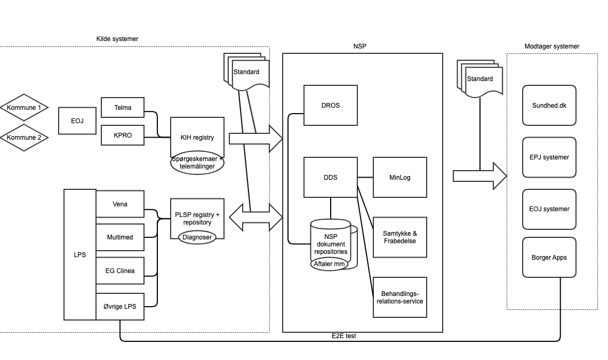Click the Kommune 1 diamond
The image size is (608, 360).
(24, 108)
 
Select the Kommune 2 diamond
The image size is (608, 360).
(24, 138)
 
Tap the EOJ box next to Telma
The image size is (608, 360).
(77, 121)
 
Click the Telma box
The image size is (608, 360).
(123, 108)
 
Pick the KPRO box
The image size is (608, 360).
(123, 135)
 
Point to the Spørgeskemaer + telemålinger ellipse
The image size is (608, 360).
(197, 163)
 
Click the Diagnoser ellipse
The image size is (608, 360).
(197, 237)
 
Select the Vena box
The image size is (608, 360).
(120, 204)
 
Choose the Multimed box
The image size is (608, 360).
(120, 237)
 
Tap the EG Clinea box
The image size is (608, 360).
(120, 271)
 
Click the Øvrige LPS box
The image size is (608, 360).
(120, 306)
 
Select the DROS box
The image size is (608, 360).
(330, 105)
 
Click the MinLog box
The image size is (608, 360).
(400, 177)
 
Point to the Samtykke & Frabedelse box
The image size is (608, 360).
(400, 237)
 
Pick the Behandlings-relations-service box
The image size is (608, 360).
(400, 298)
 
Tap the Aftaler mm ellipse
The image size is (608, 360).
(329, 264)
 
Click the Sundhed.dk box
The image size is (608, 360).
(549, 106)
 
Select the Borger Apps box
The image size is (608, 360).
(549, 258)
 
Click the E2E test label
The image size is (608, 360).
(344, 336)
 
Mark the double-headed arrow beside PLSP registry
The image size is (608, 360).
(256, 218)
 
